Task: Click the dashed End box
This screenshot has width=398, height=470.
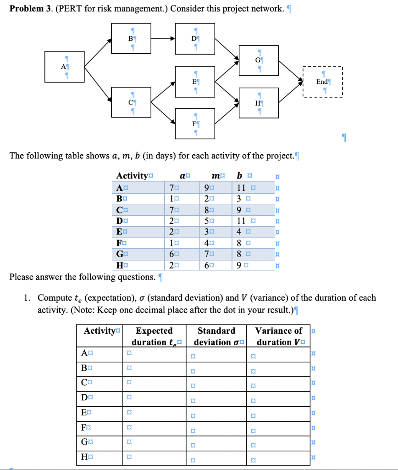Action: (323, 82)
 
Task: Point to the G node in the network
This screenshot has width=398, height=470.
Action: (259, 60)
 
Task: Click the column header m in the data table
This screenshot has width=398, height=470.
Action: (214, 175)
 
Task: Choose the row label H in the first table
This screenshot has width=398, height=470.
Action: (120, 264)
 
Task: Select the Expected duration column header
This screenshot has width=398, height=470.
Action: (155, 336)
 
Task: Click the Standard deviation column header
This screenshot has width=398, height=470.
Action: (216, 336)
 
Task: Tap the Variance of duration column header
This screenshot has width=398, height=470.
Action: (279, 336)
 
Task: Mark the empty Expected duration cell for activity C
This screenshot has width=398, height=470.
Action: (155, 383)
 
